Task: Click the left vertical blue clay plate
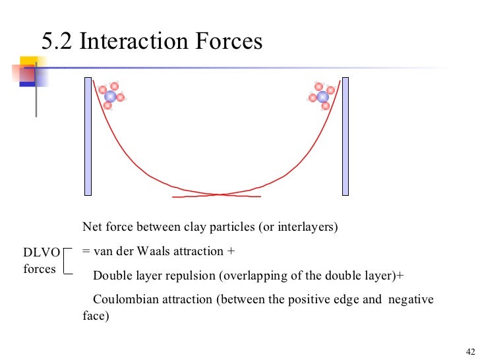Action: coord(88,136)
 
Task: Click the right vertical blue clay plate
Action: coord(344,136)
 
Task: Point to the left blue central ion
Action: coord(110,96)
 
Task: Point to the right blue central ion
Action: coord(322,97)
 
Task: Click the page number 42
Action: coord(469,350)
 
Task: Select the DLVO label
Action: coord(42,253)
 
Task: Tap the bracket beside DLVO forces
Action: coord(67,260)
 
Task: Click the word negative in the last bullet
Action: coord(411,299)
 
